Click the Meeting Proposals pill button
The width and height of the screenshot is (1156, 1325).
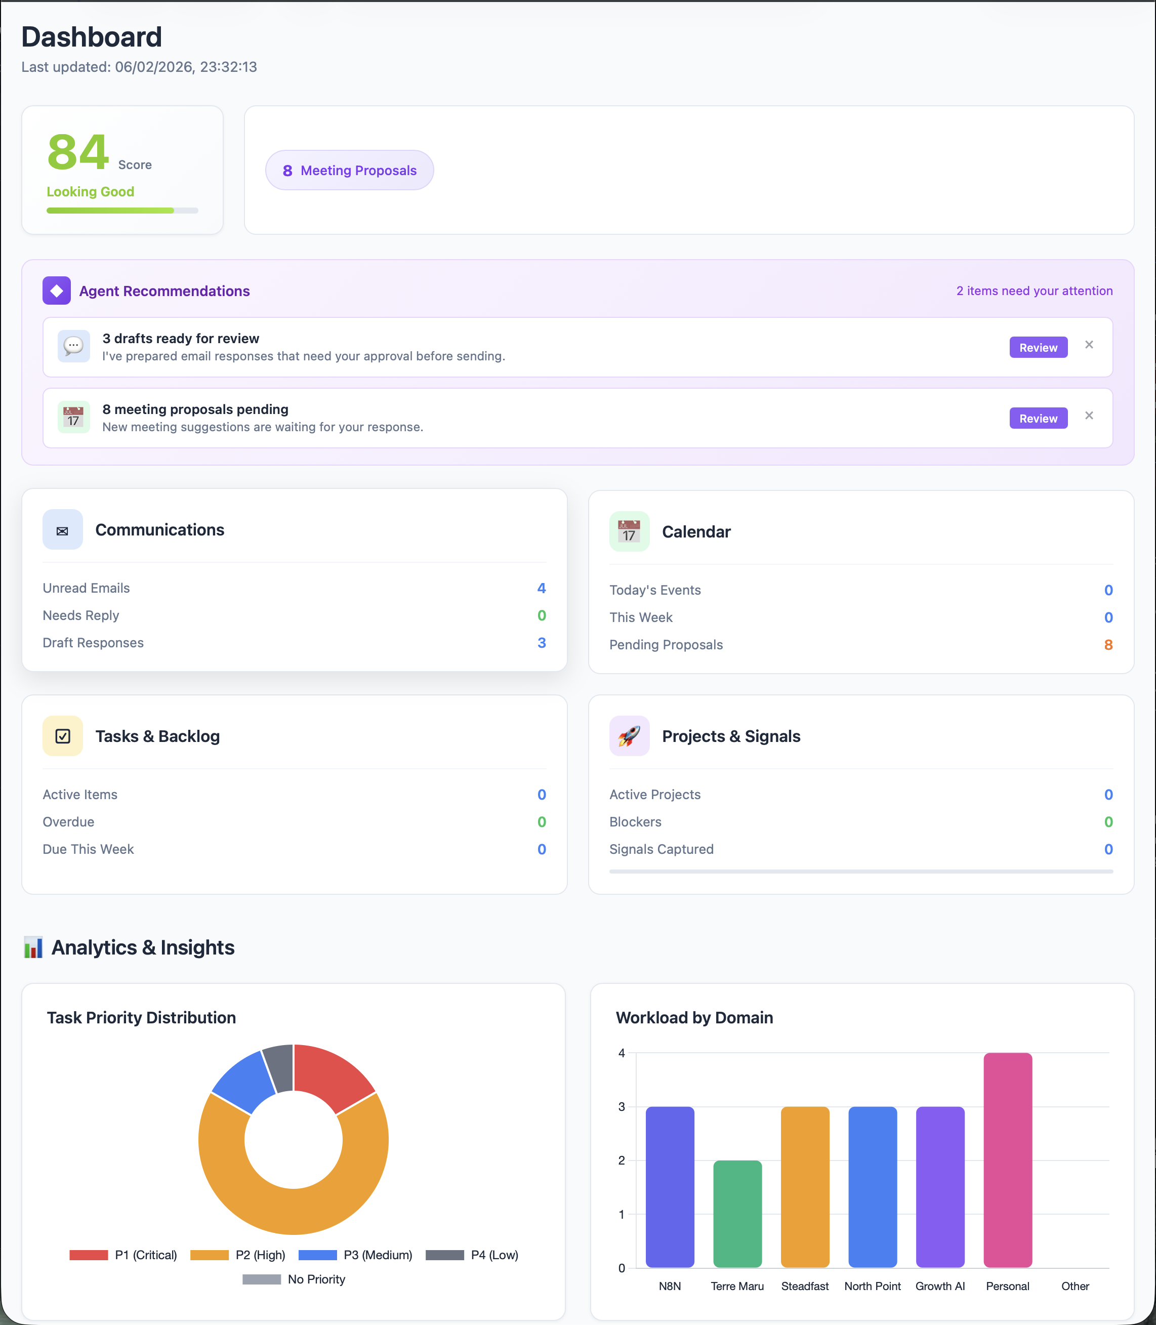(x=349, y=170)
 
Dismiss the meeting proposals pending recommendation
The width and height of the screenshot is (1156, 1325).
(x=1089, y=416)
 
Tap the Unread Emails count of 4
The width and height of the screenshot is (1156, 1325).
(x=541, y=588)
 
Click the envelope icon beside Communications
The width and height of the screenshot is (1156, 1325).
(x=63, y=530)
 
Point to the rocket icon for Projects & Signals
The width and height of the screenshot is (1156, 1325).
(x=629, y=736)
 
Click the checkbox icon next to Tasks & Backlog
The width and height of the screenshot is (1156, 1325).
(x=63, y=736)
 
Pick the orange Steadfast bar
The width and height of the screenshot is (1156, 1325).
(x=805, y=1187)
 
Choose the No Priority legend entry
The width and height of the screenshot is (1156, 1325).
(x=294, y=1279)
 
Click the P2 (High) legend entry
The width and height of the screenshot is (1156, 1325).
(x=238, y=1255)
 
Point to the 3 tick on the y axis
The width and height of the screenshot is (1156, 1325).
(x=622, y=1107)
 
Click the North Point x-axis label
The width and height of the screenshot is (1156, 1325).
(x=872, y=1286)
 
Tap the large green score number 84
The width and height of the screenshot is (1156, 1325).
(x=78, y=152)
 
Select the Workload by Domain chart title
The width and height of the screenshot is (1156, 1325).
(x=694, y=1017)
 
